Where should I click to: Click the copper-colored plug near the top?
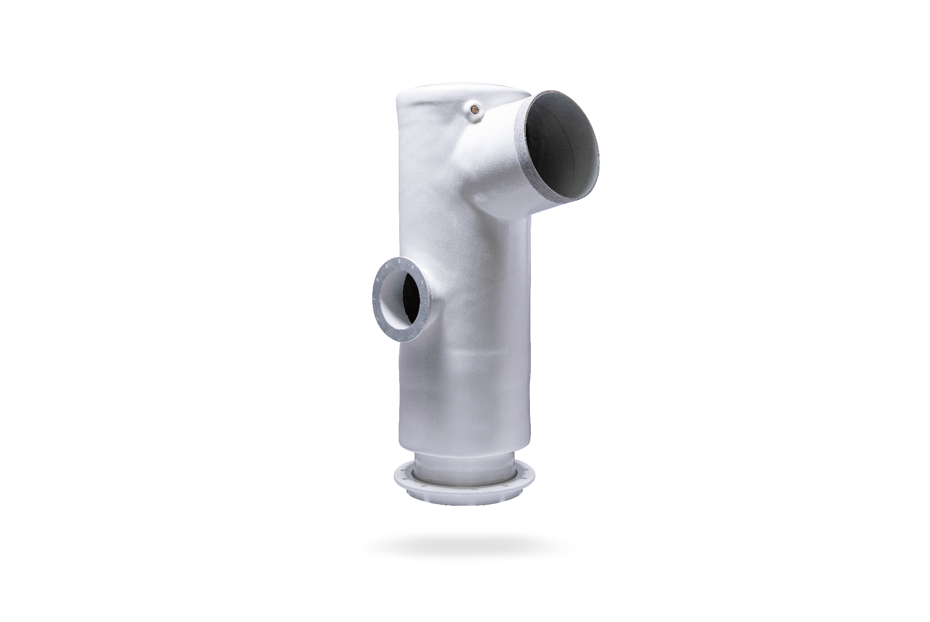point(475,109)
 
